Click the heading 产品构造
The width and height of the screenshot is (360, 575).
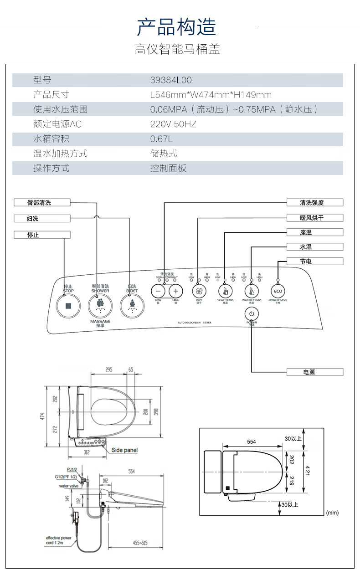click(177, 27)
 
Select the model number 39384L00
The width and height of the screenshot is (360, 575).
click(171, 80)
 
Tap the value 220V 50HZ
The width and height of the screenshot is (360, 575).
click(173, 124)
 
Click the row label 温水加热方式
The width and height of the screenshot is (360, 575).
click(60, 154)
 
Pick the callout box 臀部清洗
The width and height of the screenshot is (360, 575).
click(42, 203)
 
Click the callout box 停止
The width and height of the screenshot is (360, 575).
click(42, 235)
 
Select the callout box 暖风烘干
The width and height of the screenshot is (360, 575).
click(314, 218)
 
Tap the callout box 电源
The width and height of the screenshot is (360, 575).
click(314, 372)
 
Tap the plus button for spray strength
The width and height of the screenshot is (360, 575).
click(176, 291)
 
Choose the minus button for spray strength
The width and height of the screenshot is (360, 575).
click(158, 291)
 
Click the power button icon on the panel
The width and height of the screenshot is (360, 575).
click(252, 313)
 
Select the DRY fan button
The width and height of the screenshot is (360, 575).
click(199, 291)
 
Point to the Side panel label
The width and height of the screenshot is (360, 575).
click(124, 450)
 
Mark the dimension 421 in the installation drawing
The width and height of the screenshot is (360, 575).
click(307, 470)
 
